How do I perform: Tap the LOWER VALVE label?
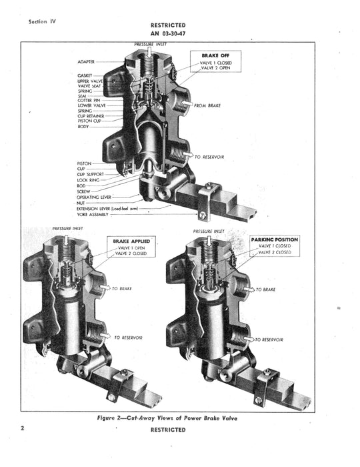click(91, 105)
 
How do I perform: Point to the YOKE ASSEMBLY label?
click(93, 215)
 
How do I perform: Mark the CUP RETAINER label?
click(91, 115)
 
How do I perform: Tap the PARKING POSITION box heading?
click(275, 240)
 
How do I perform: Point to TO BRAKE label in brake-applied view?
click(125, 289)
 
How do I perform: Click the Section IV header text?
click(43, 21)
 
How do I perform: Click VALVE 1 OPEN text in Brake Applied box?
click(133, 248)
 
